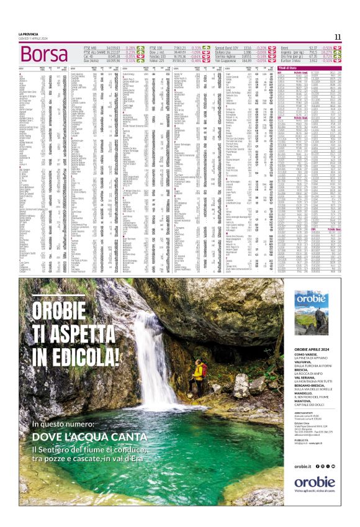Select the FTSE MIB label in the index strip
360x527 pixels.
pyautogui.click(x=91, y=47)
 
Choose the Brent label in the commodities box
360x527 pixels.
pyautogui.click(x=285, y=47)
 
